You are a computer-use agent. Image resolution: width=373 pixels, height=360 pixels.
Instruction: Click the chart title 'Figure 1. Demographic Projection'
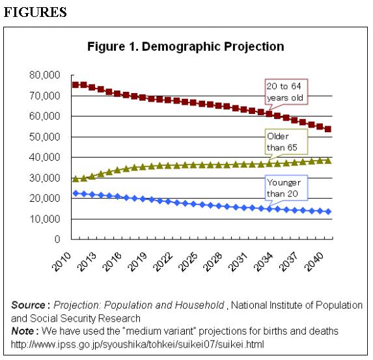(x=186, y=47)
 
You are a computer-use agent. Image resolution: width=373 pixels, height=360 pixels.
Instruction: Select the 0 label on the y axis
(x=57, y=240)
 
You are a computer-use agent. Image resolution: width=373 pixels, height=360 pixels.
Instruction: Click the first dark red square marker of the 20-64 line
(x=76, y=85)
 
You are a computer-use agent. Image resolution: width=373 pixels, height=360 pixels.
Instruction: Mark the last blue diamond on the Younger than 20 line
(x=328, y=212)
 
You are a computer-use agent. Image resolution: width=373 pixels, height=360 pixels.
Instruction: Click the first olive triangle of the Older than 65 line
(x=76, y=178)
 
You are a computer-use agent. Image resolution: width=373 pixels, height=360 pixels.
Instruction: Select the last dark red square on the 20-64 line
(x=328, y=130)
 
